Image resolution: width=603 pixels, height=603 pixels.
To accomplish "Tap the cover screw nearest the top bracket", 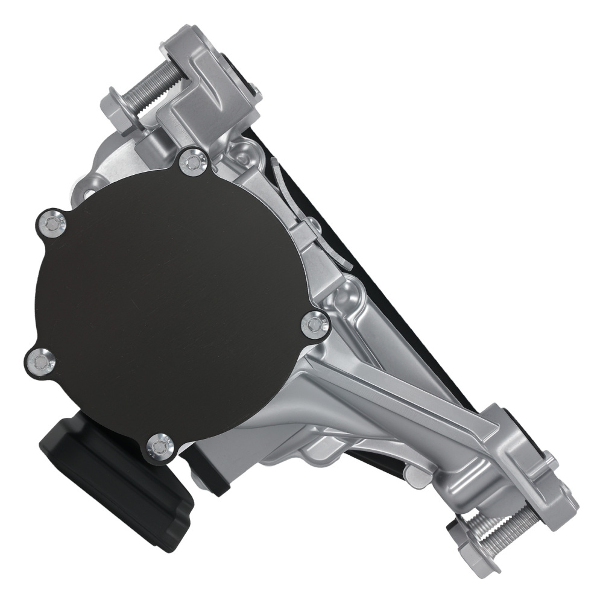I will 194,161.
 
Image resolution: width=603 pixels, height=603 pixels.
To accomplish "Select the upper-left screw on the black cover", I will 51,224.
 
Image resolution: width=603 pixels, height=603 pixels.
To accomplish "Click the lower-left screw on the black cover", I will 41,362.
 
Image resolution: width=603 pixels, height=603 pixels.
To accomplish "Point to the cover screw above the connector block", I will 160,447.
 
